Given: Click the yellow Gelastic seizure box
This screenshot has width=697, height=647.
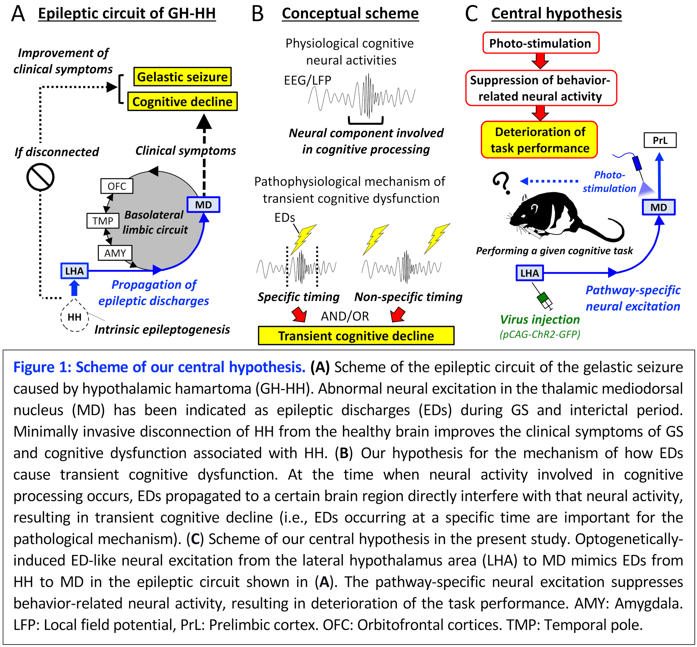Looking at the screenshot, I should pos(182,77).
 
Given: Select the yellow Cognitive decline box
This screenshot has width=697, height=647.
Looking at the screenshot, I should pos(182,102).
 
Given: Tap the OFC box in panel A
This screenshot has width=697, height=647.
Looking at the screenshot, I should pos(116,186).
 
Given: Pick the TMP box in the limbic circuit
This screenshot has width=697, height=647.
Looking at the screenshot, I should pos(103,221).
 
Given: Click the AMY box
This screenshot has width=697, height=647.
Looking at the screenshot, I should pos(115,253).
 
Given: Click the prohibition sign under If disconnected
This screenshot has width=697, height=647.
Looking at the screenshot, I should pos(41,177).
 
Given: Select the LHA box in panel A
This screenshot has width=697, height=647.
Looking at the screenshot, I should pos(75,271).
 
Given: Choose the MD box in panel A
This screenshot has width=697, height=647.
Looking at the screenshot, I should pos(203,205).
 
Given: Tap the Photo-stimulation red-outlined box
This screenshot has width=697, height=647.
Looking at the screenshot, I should pos(541,43).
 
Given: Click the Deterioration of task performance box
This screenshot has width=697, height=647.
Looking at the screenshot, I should pos(539,140).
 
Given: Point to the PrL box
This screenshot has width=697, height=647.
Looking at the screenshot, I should pos(660,140).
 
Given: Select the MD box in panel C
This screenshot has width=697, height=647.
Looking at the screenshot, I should pos(658,207).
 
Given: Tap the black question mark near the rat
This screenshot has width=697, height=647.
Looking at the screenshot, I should pos(501,182).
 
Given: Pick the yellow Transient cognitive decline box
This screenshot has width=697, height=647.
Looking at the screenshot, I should pos(356,336).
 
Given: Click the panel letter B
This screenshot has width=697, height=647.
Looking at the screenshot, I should pos(257,14).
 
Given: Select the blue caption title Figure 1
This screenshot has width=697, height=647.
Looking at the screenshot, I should pos(159,367).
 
